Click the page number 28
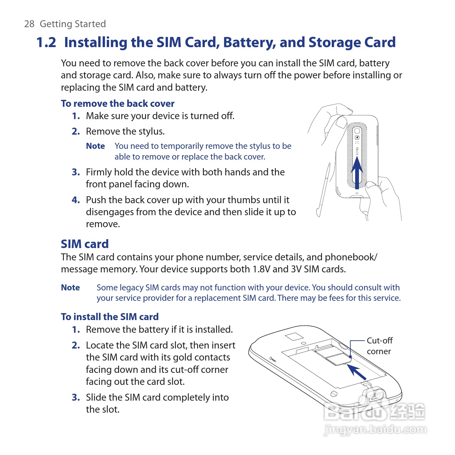coord(29,24)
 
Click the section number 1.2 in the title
coord(46,42)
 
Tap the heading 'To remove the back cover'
coord(118,104)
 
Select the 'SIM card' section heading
coord(85,244)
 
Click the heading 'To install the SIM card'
coord(110,317)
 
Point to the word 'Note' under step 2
coord(95,146)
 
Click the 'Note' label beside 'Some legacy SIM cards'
coord(70,288)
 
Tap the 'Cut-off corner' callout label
coord(379,346)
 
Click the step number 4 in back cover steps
coord(76,200)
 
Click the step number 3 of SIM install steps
coord(76,397)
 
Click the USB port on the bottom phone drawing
coord(375,397)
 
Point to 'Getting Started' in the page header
coord(73,24)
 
